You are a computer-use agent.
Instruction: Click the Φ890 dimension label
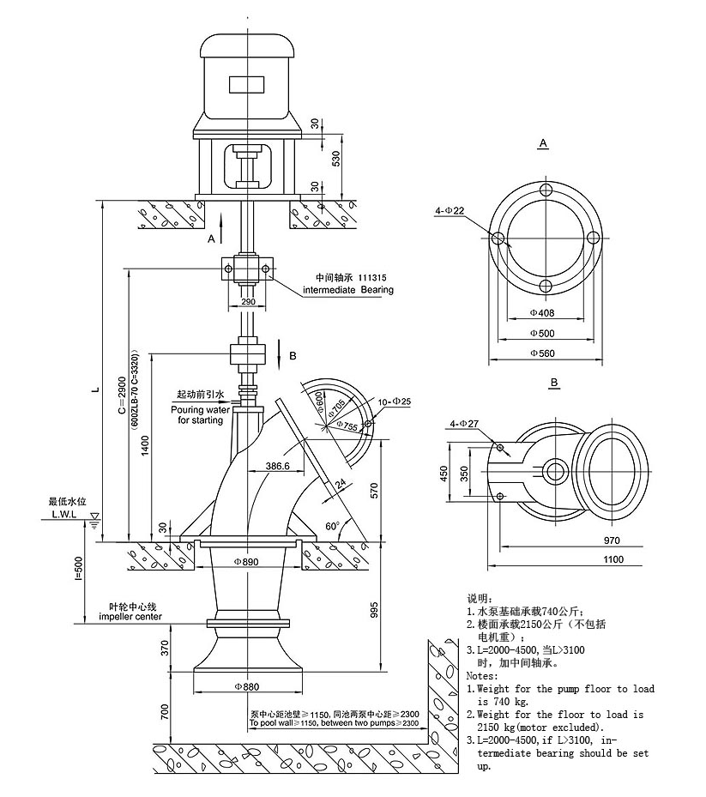[x=246, y=561]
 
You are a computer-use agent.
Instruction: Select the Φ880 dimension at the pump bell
[x=245, y=686]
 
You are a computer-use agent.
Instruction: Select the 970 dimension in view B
[x=611, y=540]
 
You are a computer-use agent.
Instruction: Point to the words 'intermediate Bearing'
[x=348, y=290]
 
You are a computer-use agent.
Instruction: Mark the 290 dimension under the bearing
[x=248, y=303]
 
